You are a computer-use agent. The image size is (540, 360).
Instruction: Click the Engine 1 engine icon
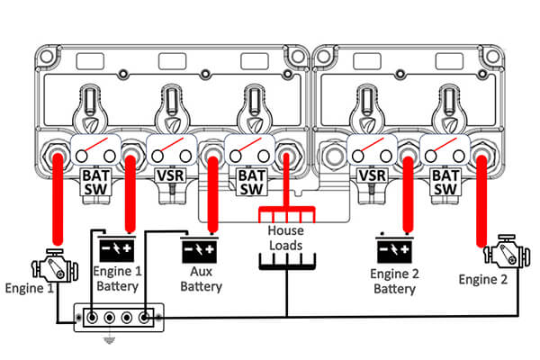[x=55, y=266]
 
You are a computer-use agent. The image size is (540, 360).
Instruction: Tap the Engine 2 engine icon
[x=506, y=251]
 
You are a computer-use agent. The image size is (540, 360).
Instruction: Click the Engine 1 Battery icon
[x=117, y=248]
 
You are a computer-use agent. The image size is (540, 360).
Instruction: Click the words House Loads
[x=286, y=238]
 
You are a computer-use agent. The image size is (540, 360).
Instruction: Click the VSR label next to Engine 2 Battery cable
[x=373, y=175]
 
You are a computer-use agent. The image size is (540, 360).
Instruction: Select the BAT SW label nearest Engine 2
[x=445, y=183]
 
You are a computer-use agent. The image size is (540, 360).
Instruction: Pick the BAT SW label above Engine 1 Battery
[x=95, y=183]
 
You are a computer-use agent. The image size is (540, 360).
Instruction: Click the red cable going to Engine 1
[x=58, y=199]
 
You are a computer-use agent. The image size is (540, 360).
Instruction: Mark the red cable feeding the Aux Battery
[x=213, y=194]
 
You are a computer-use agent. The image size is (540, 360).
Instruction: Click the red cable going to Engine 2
[x=481, y=202]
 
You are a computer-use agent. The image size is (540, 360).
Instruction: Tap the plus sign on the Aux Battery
[x=210, y=249]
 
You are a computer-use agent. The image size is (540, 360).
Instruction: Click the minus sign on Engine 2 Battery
[x=383, y=248]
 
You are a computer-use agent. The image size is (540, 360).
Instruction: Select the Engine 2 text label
[x=483, y=279]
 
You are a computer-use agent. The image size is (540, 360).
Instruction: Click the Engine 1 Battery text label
[x=117, y=279]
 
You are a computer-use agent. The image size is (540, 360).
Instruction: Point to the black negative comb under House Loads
[x=287, y=262]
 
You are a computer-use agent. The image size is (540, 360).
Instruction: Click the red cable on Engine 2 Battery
[x=408, y=194]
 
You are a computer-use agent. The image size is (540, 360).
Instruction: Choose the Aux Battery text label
[x=201, y=279]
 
